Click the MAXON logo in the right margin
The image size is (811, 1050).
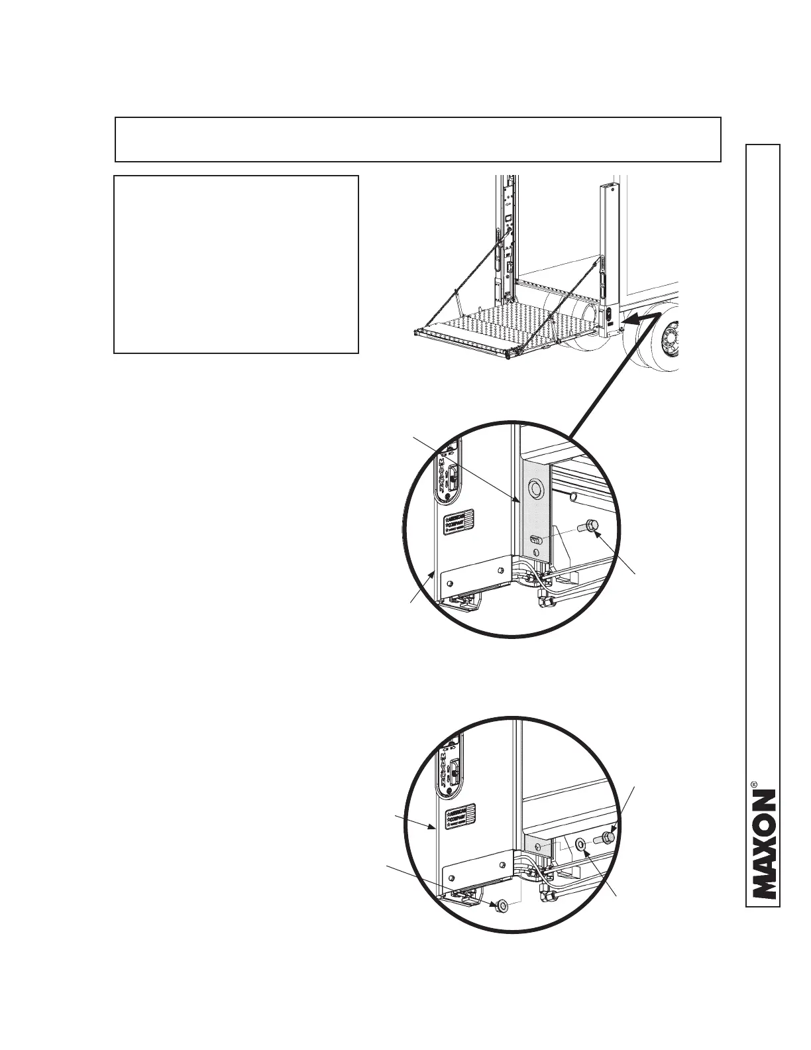(763, 845)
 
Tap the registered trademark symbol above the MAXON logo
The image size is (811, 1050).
(754, 786)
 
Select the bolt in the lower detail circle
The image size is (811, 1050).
(606, 838)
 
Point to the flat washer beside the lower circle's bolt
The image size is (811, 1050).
(580, 844)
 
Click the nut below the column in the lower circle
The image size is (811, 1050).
(501, 905)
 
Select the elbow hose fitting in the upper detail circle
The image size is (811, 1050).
(547, 601)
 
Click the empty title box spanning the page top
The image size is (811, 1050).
(417, 139)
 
